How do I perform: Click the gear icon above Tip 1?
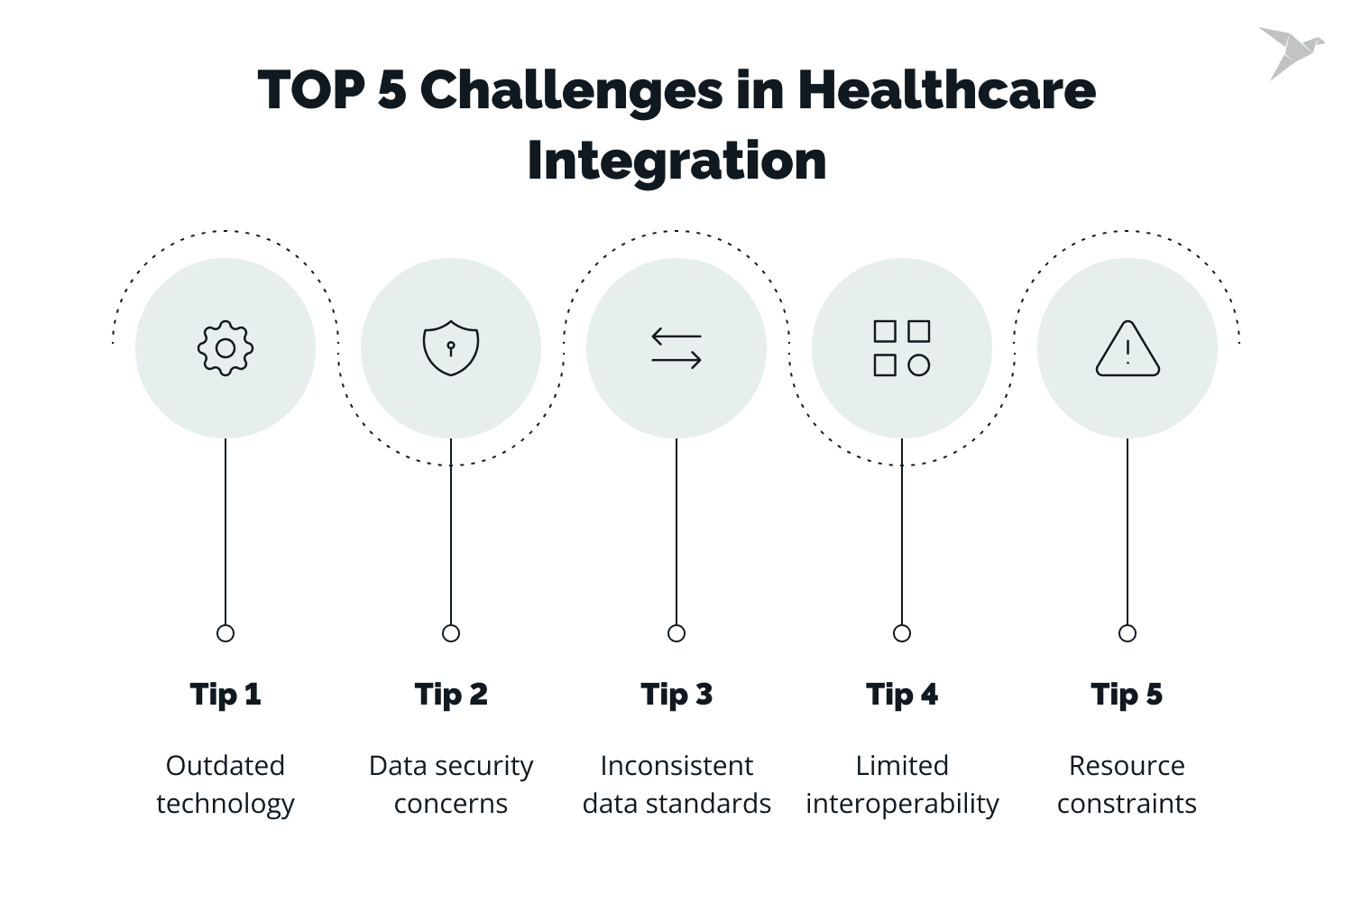pyautogui.click(x=225, y=348)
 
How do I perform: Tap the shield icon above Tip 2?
pyautogui.click(x=451, y=348)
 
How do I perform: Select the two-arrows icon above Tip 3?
pyautogui.click(x=676, y=348)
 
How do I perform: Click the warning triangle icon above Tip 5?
pyautogui.click(x=1127, y=348)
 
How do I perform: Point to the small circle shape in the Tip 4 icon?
pyautogui.click(x=919, y=365)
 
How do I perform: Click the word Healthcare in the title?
pyautogui.click(x=946, y=90)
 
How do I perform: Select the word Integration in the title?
pyautogui.click(x=676, y=161)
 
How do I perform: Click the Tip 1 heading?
pyautogui.click(x=225, y=695)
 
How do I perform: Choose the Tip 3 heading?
pyautogui.click(x=676, y=695)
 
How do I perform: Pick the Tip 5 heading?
pyautogui.click(x=1127, y=695)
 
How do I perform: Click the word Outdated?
pyautogui.click(x=225, y=766)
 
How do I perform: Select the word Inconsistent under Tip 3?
pyautogui.click(x=676, y=766)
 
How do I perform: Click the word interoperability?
pyautogui.click(x=902, y=805)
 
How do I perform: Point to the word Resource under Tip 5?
pyautogui.click(x=1127, y=766)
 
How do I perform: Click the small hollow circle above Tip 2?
pyautogui.click(x=451, y=633)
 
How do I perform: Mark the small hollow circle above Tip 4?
pyautogui.click(x=902, y=633)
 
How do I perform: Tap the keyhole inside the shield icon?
pyautogui.click(x=451, y=348)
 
